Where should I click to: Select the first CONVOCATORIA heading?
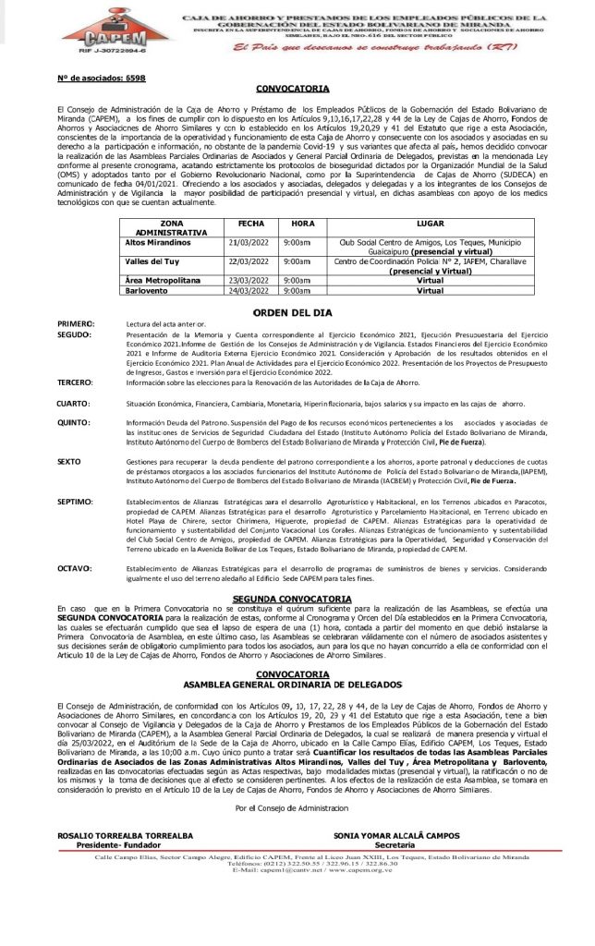pos(292,89)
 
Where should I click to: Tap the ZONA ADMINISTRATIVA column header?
pos(170,228)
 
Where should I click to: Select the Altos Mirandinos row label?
pos(157,242)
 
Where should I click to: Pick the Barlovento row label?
pos(148,290)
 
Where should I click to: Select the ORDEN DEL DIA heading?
pos(292,314)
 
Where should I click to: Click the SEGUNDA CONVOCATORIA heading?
pos(292,599)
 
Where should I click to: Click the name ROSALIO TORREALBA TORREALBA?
pos(126,835)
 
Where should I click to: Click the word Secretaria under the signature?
pos(395,844)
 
